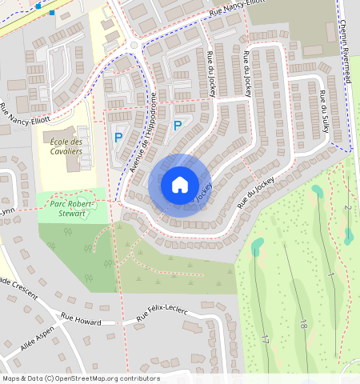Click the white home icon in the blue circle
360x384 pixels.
(179, 185)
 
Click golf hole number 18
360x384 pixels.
(302, 323)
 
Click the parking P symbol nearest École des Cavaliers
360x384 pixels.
(118, 138)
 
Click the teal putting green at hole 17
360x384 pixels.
(258, 246)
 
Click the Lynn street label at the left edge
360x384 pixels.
(7, 211)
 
